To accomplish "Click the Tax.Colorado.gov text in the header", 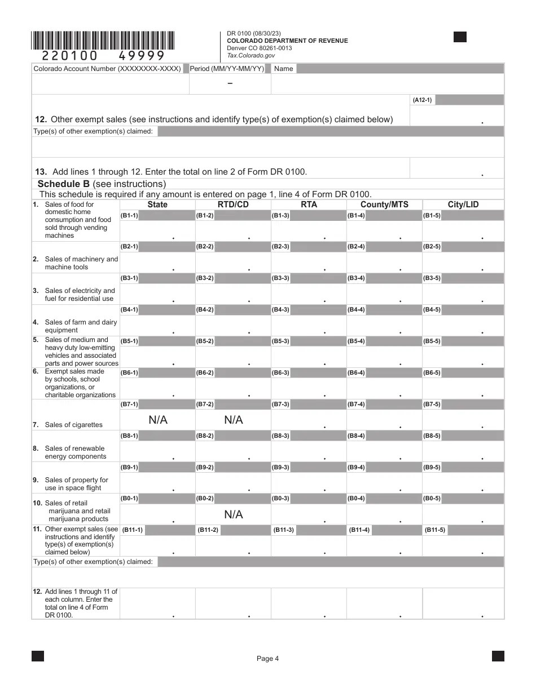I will pyautogui.click(x=251, y=55).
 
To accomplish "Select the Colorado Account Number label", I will pyautogui.click(x=107, y=69).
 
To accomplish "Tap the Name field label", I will pyautogui.click(x=283, y=69).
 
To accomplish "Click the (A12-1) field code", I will pyautogui.click(x=422, y=100).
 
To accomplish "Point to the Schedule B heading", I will pyautogui.click(x=102, y=184).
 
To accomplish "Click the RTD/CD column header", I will pyautogui.click(x=233, y=205).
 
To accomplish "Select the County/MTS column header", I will pyautogui.click(x=384, y=205).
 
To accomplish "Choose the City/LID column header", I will pyautogui.click(x=463, y=205).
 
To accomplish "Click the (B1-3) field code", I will pyautogui.click(x=280, y=215).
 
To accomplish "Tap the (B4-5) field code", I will pyautogui.click(x=432, y=310).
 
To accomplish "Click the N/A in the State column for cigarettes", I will pyautogui.click(x=158, y=420).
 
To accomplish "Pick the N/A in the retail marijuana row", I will pyautogui.click(x=233, y=514).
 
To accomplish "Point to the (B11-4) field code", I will pyautogui.click(x=359, y=530).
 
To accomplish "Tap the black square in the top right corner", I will pyautogui.click(x=460, y=37).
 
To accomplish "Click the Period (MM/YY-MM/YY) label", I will pyautogui.click(x=227, y=69).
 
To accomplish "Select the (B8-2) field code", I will pyautogui.click(x=205, y=436).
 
